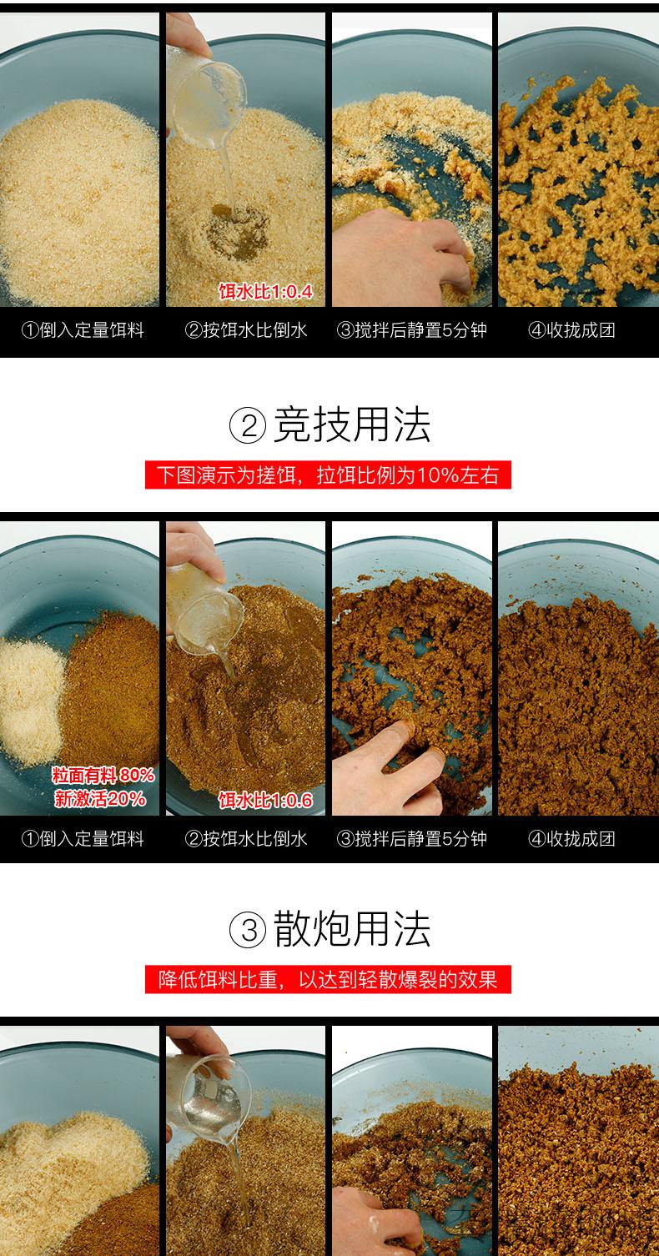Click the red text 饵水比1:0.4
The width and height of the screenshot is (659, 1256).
point(264,291)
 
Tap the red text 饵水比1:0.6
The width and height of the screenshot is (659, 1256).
point(264,801)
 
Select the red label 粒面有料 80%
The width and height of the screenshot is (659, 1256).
point(103,775)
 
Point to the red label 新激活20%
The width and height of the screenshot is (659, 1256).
point(100,799)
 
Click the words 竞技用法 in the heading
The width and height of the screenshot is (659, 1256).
point(352,425)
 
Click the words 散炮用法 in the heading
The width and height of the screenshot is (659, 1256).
point(352,929)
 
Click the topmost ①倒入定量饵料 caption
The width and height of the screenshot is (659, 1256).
point(83,330)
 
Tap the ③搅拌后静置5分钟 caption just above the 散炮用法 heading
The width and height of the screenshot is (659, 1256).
point(411,839)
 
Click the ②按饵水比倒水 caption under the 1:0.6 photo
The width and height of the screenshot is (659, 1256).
point(246,839)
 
